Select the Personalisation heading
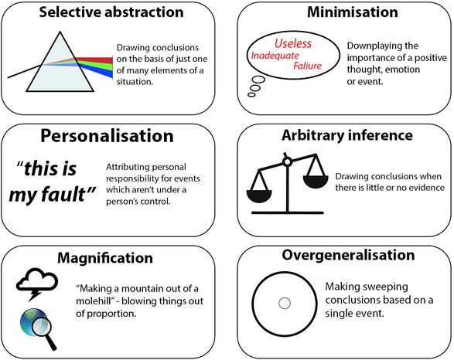pyautogui.click(x=107, y=136)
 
